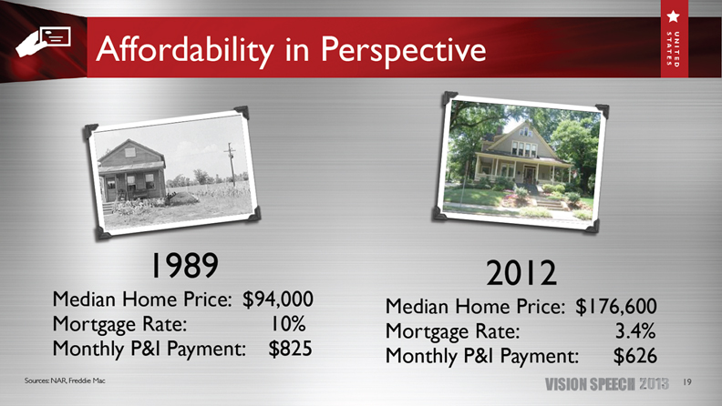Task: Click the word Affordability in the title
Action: [185, 49]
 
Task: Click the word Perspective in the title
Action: [403, 49]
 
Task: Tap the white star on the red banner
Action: [673, 16]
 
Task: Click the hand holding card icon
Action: [43, 41]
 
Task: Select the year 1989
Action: [184, 265]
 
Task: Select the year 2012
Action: [521, 273]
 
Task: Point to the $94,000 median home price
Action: [278, 299]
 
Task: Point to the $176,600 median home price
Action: [616, 307]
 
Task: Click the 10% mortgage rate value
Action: [288, 324]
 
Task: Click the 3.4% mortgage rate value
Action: [635, 331]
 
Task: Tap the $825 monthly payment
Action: [291, 349]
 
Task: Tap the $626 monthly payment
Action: [635, 356]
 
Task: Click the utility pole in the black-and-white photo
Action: [231, 164]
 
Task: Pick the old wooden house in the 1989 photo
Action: [131, 171]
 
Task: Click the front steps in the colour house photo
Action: [546, 201]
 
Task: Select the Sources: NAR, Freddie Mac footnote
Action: [65, 381]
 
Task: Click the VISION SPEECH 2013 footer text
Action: [607, 384]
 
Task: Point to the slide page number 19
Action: [687, 382]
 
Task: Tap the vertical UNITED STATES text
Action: [673, 49]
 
